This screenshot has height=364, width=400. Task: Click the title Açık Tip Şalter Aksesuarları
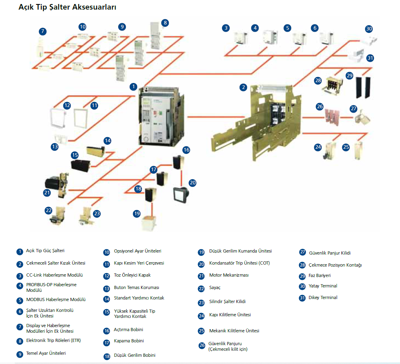[67, 8]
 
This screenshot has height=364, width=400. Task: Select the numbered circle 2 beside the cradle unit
[243, 87]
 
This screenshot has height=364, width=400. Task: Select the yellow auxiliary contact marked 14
[95, 152]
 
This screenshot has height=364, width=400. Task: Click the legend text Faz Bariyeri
[319, 276]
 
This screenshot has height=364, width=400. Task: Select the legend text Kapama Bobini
[129, 341]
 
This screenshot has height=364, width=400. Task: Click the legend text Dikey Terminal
[323, 298]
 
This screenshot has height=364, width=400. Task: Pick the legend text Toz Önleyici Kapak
[132, 275]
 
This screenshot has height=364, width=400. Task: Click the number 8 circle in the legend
[20, 342]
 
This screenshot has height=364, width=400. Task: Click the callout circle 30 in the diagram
[369, 29]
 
